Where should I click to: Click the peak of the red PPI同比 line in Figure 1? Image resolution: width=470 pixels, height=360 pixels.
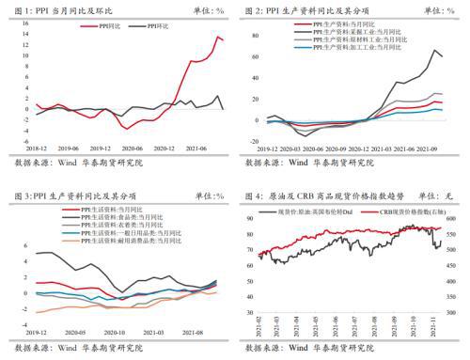coord(218,37)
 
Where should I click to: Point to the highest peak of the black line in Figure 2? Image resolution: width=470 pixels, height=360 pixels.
coord(435,50)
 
